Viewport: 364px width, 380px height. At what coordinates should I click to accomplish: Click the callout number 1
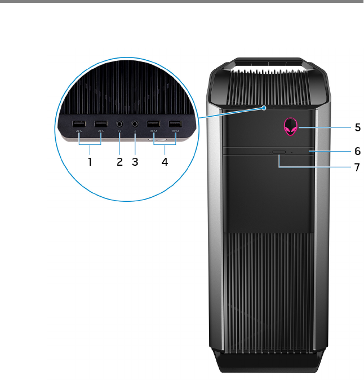tap(89, 161)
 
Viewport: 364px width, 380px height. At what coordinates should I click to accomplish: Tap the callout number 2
tap(119, 161)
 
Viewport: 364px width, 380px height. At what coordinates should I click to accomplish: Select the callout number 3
tap(135, 161)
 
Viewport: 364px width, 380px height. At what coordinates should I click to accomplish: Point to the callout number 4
tap(165, 161)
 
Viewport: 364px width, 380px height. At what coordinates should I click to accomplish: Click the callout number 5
tap(357, 127)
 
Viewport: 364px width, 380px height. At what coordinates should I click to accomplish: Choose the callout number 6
tap(357, 151)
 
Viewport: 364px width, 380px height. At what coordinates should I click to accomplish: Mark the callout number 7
tap(357, 167)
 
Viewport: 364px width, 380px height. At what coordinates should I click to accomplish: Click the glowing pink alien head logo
tap(292, 127)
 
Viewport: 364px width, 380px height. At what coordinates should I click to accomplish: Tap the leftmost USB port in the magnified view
tap(79, 123)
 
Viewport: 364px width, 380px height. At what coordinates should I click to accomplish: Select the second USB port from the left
tap(100, 123)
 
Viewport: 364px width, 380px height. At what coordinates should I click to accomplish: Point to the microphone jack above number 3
tap(135, 123)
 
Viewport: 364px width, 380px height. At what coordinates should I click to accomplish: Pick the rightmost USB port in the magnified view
tap(175, 123)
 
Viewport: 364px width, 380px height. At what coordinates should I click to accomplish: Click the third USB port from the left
tap(153, 123)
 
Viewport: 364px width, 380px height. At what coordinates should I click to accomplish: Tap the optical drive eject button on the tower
tap(278, 152)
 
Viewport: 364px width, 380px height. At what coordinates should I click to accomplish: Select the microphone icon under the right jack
tap(135, 132)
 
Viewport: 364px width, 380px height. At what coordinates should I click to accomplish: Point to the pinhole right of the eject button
tap(291, 152)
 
